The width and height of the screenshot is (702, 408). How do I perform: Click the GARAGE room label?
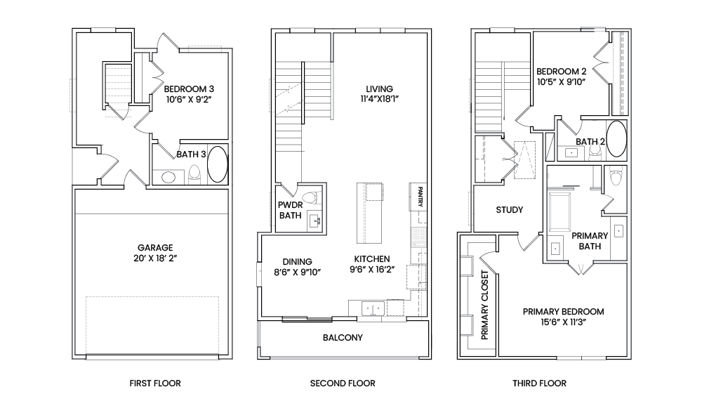[155, 247]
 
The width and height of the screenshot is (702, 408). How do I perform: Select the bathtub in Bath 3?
[218, 164]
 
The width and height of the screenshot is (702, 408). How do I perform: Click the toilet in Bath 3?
[194, 173]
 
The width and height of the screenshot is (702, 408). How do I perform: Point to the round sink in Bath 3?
[168, 178]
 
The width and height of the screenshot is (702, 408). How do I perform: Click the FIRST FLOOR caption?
[155, 383]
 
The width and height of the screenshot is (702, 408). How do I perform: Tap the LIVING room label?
[379, 88]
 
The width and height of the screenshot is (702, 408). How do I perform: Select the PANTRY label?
[420, 197]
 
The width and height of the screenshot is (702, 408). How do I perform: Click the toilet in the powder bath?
[312, 197]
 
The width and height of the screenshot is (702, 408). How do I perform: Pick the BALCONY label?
[343, 337]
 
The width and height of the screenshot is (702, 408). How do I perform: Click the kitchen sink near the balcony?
[373, 308]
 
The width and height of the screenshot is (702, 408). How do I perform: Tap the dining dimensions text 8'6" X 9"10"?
[297, 272]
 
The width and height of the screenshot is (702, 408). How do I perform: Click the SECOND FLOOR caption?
[343, 383]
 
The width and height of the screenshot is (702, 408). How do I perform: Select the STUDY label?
[510, 209]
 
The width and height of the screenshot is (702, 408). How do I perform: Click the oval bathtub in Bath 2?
[616, 139]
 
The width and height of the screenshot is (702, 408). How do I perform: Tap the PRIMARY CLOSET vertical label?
[484, 305]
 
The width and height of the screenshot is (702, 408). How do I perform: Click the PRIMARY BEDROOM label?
[563, 311]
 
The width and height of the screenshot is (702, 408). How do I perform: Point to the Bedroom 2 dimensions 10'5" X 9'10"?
[562, 81]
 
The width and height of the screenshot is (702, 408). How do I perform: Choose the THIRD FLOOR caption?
[539, 383]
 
